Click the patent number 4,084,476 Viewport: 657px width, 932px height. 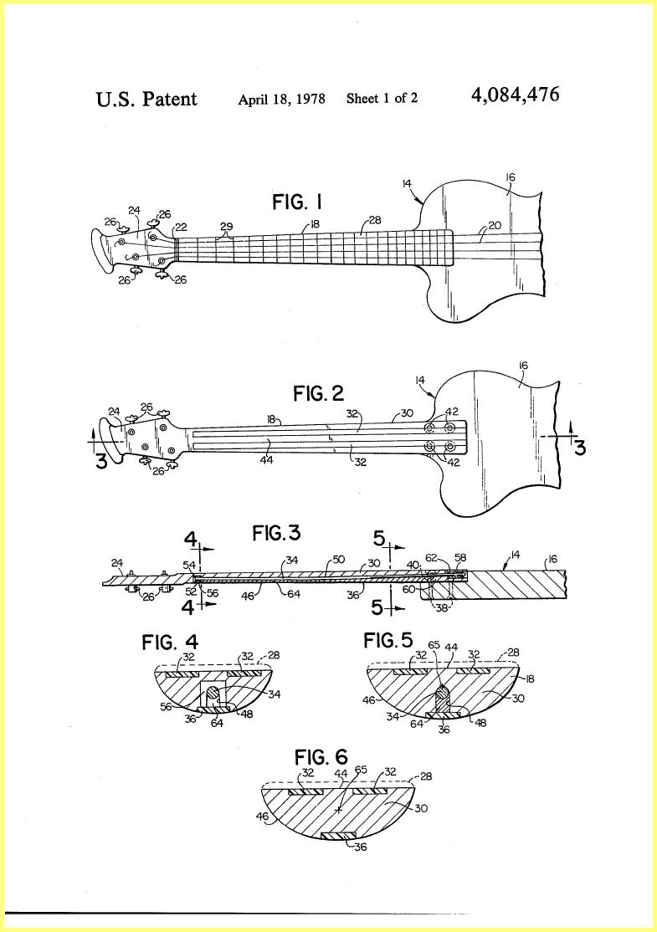coord(515,95)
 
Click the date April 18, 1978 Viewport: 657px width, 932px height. coord(281,100)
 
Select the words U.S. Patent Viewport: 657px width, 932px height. coord(146,99)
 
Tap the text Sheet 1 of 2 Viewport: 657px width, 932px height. coord(382,98)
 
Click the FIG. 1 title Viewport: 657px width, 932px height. coord(297,202)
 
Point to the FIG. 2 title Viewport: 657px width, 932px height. coord(319,393)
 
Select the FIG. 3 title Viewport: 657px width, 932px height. coord(276,533)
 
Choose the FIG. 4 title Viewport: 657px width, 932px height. coord(170,642)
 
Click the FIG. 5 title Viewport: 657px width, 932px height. coord(388,641)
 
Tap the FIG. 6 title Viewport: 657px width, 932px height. coord(321,757)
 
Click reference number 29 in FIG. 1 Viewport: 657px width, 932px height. coord(227,227)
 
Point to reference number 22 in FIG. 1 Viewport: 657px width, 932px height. coord(180,228)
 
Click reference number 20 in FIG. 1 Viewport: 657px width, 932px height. coord(495,225)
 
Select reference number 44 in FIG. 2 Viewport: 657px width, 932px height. coord(267,458)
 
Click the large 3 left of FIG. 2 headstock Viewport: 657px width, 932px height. coord(101,460)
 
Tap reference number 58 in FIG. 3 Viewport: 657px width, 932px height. coord(460,557)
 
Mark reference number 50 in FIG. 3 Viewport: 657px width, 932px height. coord(338,560)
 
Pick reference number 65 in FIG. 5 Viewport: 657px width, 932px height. coord(434,644)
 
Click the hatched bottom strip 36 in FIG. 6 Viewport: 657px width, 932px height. coord(338,837)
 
